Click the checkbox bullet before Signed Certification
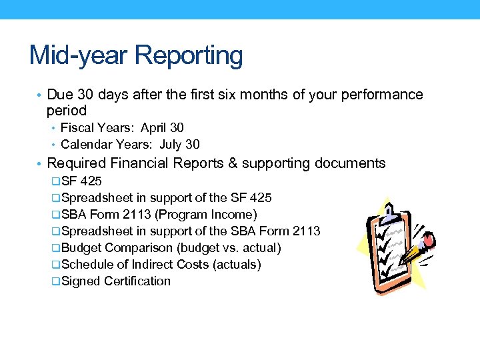[55, 282]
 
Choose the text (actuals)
[236, 265]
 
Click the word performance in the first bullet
[381, 95]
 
